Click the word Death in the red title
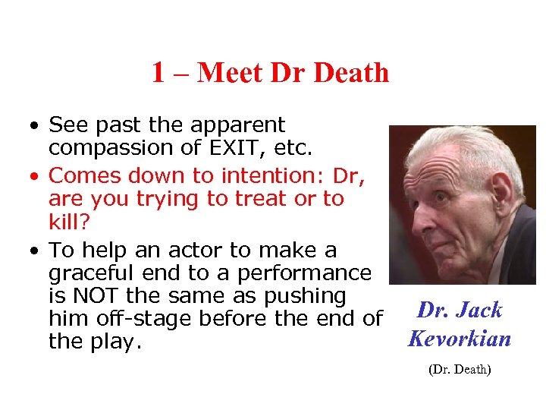[350, 73]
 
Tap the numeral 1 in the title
[158, 73]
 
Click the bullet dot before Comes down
[36, 177]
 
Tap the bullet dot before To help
[36, 251]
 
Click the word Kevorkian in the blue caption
[460, 338]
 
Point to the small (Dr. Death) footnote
[460, 370]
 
